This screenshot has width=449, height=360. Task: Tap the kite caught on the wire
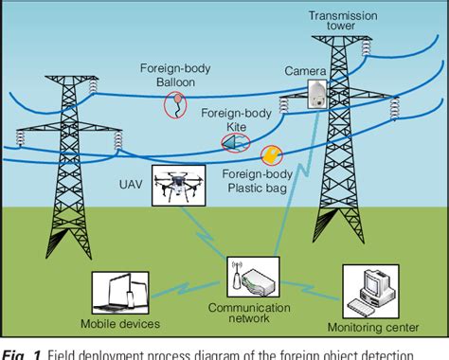(x=232, y=142)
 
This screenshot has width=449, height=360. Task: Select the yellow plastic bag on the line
(x=271, y=154)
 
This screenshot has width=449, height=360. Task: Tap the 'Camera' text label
(x=305, y=71)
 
